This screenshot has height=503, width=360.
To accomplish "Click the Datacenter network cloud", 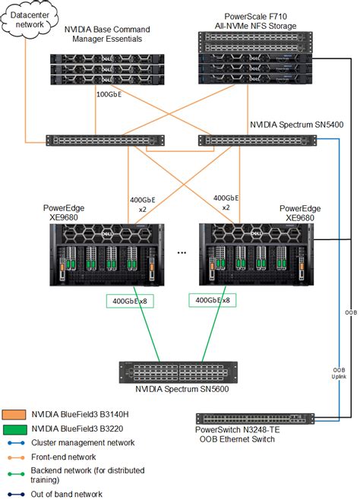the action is tap(30, 20).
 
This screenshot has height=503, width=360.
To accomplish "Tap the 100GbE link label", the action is tap(109, 95).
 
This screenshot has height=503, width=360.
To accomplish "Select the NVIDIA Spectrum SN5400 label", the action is tap(296, 125).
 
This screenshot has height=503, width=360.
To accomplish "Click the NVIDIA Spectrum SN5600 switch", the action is tap(178, 372).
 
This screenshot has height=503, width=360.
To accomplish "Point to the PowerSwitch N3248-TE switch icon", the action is tap(255, 419).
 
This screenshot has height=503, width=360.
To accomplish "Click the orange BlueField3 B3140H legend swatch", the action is tap(14, 414).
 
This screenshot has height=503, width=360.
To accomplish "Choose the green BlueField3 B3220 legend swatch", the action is tap(14, 429).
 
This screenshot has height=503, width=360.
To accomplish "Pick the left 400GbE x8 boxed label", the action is tap(130, 301).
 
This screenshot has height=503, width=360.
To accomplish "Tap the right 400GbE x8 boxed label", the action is tap(213, 300).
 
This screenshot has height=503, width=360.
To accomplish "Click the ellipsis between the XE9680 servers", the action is tap(182, 253).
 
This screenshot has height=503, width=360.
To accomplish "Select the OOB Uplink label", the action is tap(339, 373).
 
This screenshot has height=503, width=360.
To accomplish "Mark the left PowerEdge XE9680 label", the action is tap(64, 212).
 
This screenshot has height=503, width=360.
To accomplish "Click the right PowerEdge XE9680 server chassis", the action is tap(256, 255).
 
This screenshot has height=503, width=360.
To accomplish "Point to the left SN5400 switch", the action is tap(105, 141).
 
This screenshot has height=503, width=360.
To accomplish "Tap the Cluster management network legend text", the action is tap(83, 443).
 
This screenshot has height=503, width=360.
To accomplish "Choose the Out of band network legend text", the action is tap(66, 494).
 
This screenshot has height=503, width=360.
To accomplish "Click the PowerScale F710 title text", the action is tap(255, 21).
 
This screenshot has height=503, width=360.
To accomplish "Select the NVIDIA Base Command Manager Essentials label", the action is tap(107, 34).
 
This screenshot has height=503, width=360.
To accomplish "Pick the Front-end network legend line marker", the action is tap(16, 457).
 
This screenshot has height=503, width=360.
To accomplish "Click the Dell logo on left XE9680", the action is tap(107, 234).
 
